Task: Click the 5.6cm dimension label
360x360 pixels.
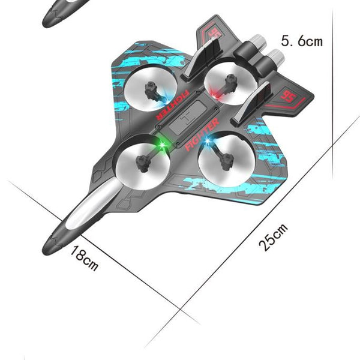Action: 302,41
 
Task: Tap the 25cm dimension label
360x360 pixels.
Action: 274,238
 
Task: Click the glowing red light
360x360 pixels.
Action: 214,91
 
